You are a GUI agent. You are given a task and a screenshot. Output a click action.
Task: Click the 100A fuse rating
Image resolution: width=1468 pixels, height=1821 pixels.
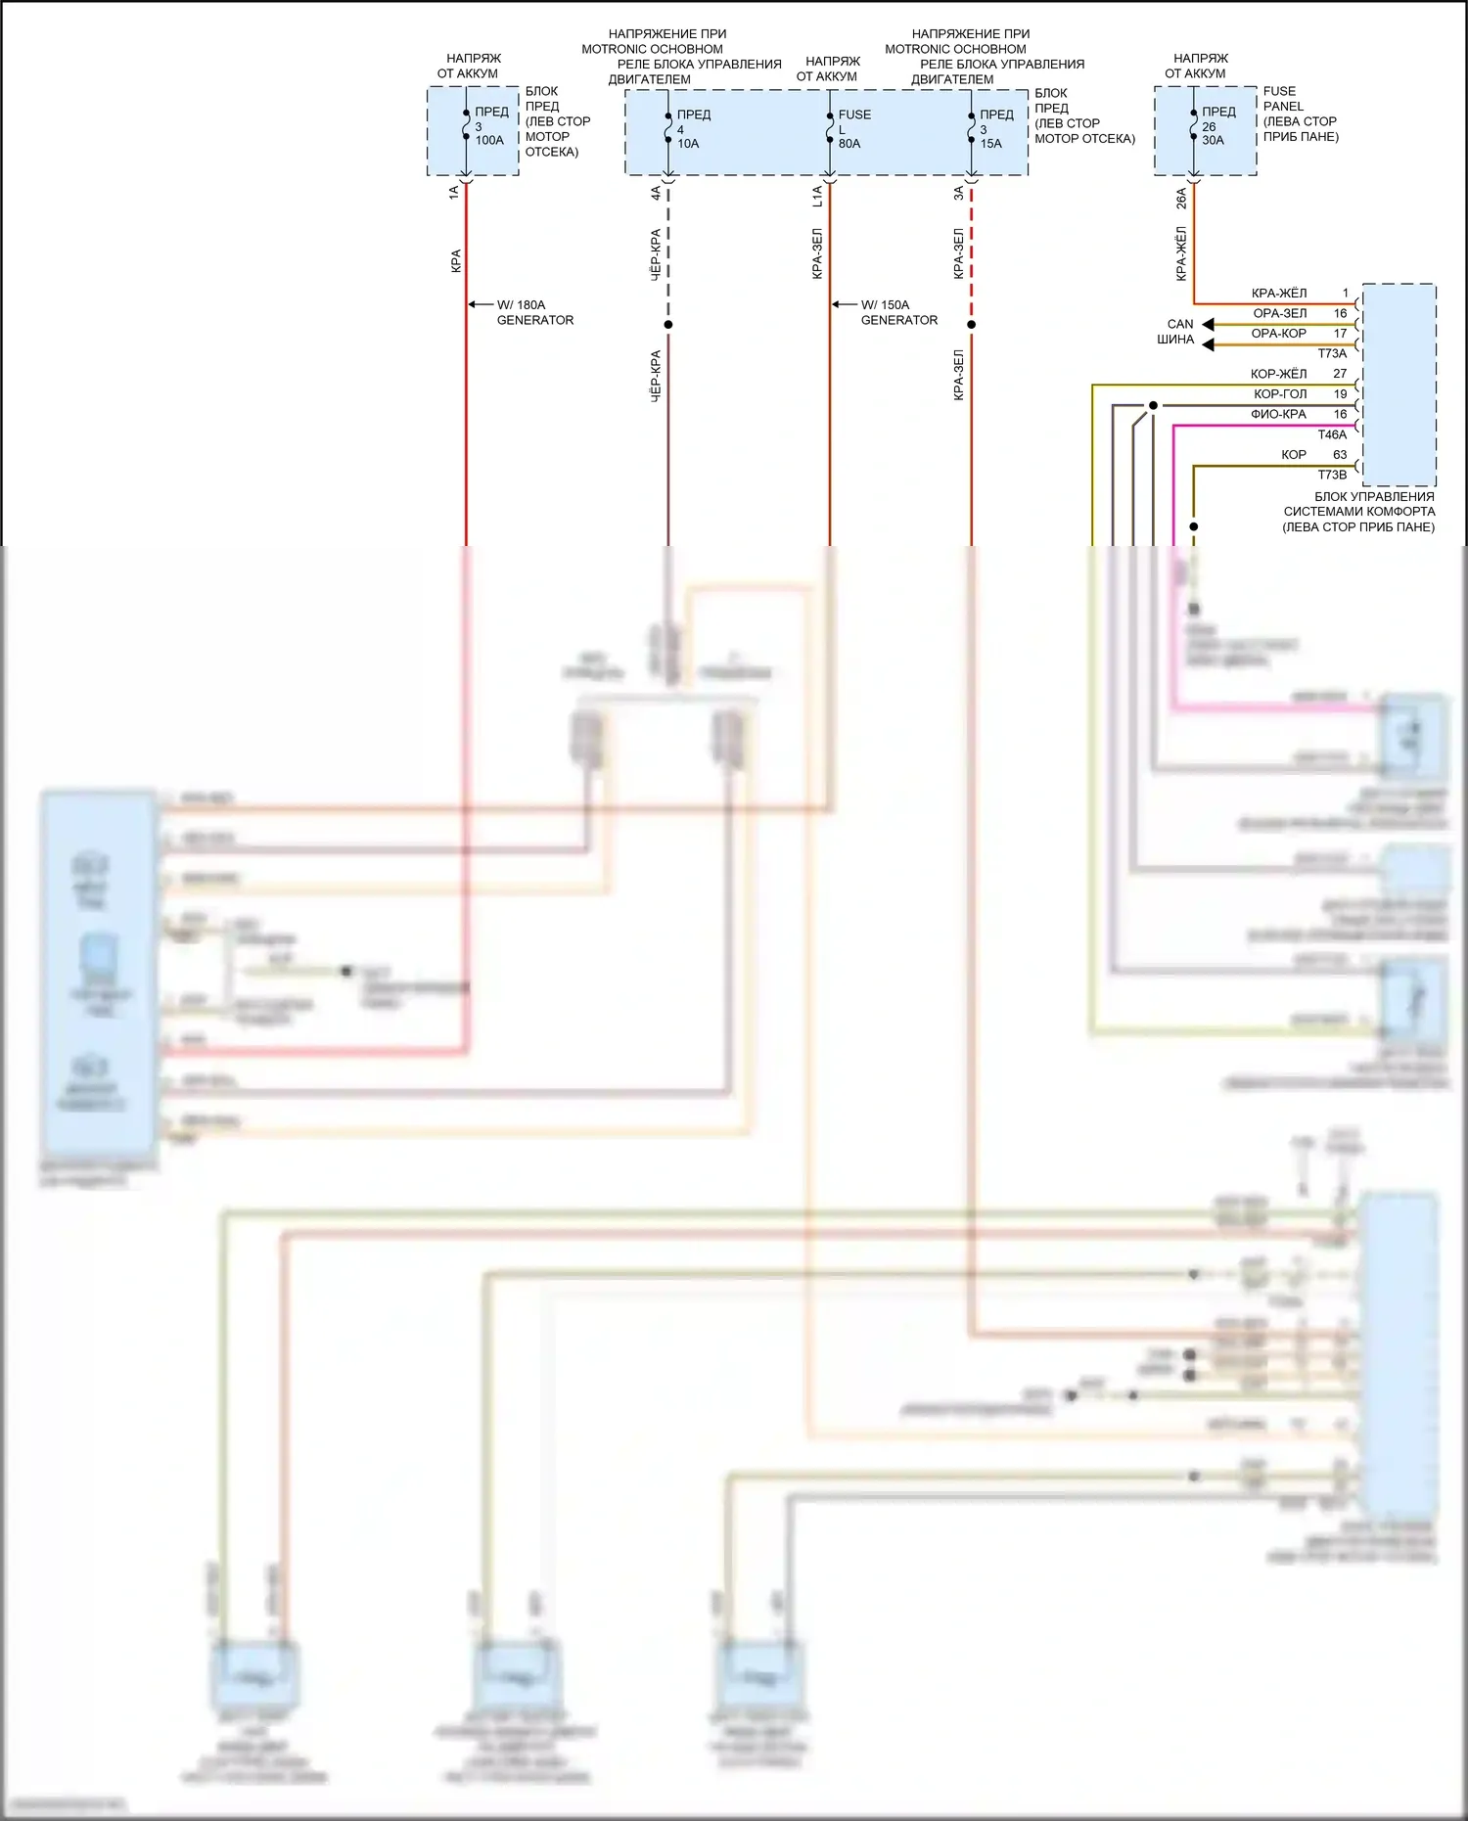click(489, 141)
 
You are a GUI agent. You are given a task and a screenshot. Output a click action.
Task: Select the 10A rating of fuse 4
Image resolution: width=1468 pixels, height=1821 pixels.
click(688, 144)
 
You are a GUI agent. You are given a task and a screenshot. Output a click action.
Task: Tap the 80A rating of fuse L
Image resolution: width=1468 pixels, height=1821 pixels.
click(849, 144)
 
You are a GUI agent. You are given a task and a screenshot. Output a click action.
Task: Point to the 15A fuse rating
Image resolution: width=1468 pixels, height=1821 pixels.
click(990, 144)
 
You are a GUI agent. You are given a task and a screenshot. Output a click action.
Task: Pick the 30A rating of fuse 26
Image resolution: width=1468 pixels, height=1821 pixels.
click(1213, 141)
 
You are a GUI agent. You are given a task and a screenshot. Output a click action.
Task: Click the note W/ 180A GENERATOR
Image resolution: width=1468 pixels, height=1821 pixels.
click(534, 312)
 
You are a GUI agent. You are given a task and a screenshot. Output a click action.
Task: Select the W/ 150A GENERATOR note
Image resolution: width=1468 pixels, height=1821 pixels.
click(898, 312)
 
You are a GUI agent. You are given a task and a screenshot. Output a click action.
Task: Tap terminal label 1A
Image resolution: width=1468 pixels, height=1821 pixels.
click(454, 193)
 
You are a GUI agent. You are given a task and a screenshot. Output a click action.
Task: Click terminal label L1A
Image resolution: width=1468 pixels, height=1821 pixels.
click(818, 197)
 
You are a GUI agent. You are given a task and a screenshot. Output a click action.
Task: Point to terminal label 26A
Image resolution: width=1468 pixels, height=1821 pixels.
click(1181, 199)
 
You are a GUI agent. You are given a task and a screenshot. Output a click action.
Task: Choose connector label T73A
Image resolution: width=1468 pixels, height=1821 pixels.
click(1332, 354)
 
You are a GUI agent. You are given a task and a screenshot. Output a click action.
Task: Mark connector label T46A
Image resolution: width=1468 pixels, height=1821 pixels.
click(1332, 435)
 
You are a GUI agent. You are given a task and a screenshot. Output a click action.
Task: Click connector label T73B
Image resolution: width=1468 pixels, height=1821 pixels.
click(1332, 476)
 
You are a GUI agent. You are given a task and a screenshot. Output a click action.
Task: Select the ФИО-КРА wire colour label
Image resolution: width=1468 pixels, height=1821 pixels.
click(1278, 415)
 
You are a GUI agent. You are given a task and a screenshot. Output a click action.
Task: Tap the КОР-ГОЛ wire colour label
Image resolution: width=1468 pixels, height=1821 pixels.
click(1280, 394)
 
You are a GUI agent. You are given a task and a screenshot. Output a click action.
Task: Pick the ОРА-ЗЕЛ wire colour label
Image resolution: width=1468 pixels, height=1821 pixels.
click(1279, 314)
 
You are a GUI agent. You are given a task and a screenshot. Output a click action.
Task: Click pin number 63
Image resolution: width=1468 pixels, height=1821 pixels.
click(1340, 455)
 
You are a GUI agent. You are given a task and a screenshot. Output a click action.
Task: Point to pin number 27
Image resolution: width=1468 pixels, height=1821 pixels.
click(1340, 374)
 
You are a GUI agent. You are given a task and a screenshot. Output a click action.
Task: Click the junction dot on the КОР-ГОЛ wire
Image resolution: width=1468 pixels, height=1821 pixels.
click(1153, 405)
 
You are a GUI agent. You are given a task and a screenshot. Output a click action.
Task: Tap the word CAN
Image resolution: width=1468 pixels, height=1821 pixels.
click(1180, 324)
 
